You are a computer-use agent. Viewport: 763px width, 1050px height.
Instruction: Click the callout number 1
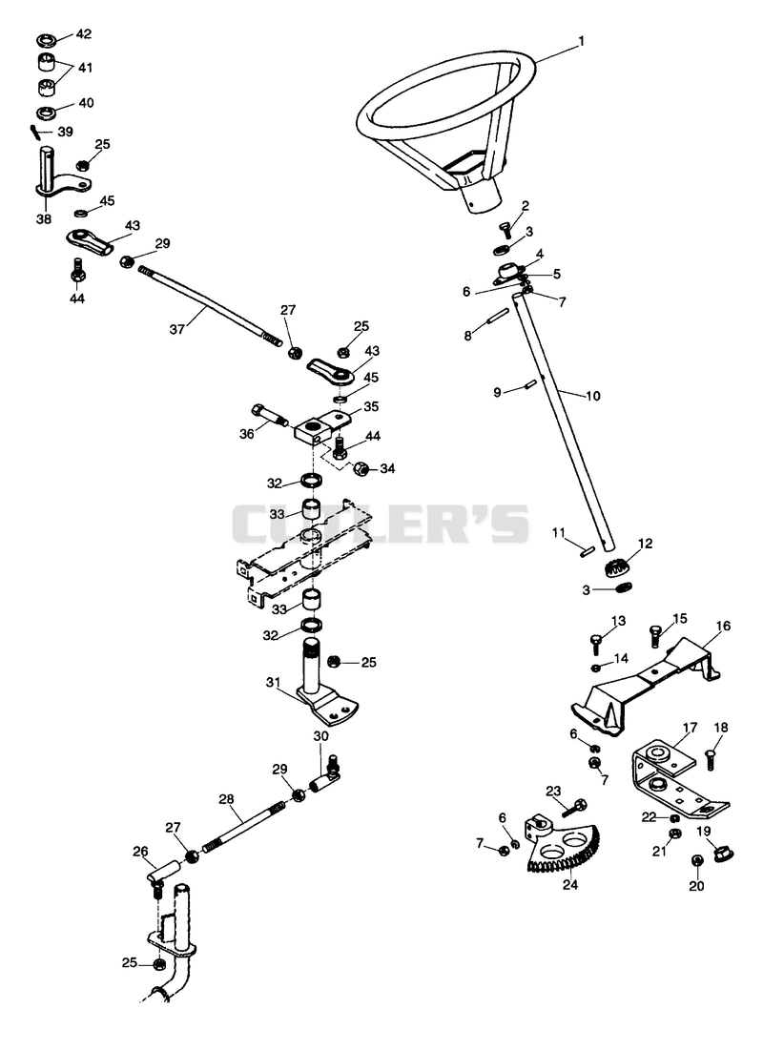point(582,42)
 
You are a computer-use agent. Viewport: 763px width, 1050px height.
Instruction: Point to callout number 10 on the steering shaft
point(593,396)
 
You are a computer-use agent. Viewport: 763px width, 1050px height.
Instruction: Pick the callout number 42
point(84,34)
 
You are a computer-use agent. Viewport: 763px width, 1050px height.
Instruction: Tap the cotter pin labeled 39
point(35,132)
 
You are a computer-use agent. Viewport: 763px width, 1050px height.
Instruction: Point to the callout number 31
point(273,682)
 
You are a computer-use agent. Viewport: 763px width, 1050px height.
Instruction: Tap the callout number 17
point(690,728)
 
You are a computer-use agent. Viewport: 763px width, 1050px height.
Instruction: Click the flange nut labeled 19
point(724,854)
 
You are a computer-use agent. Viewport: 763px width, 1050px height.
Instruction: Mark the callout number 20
point(696,886)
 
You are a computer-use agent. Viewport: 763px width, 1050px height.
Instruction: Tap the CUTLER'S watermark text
point(381,524)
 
